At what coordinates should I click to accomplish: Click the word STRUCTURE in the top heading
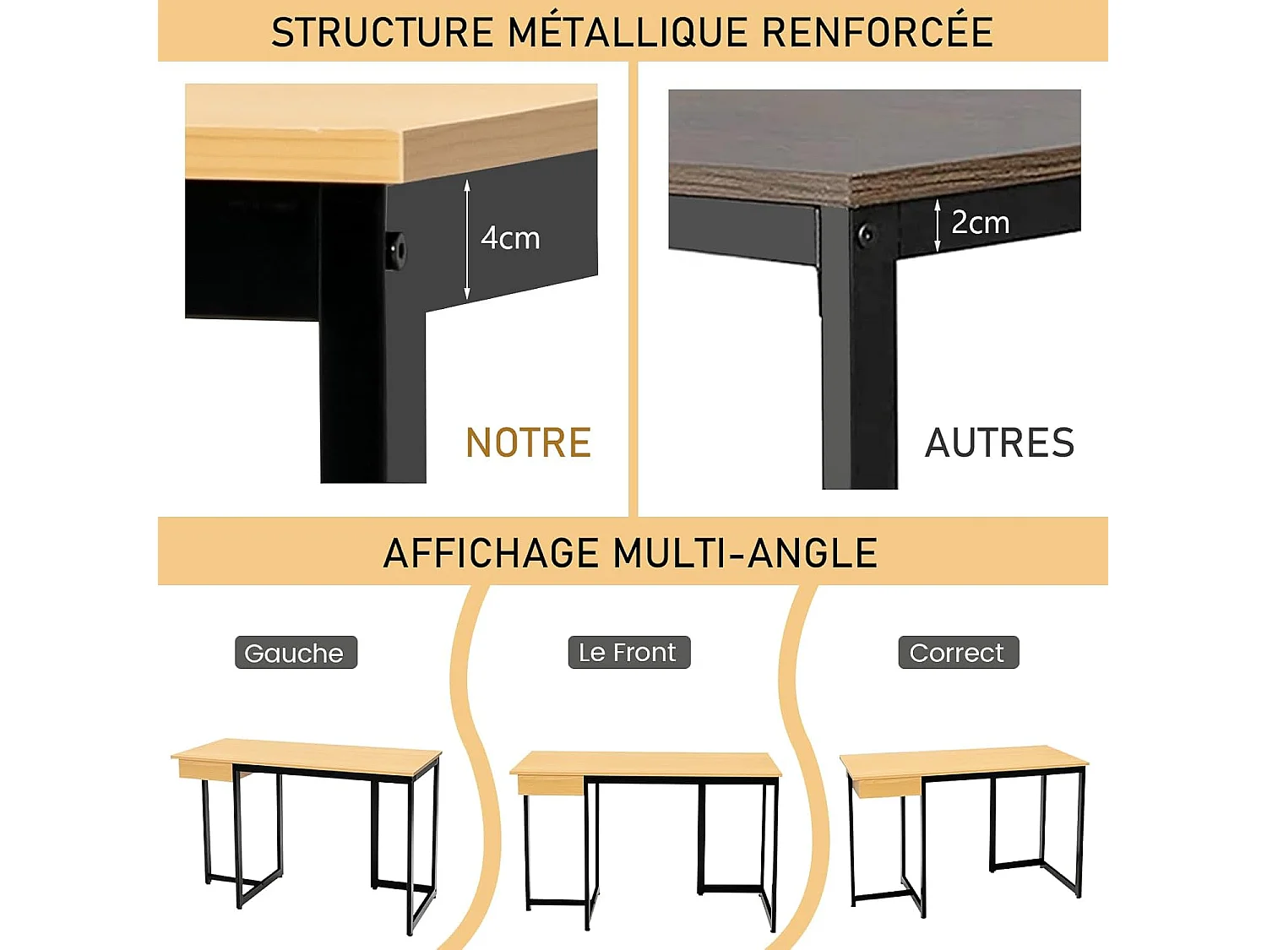[382, 33]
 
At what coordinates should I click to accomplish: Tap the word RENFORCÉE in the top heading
[878, 33]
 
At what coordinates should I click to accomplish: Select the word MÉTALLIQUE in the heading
[627, 33]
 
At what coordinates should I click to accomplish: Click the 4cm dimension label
[510, 238]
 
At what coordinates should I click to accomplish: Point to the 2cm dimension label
[980, 223]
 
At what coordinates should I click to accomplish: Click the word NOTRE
[529, 443]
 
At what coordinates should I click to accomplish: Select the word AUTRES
[1000, 443]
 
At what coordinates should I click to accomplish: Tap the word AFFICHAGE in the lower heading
[491, 554]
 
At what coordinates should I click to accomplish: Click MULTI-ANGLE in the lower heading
[746, 554]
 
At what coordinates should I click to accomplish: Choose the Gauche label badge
[296, 653]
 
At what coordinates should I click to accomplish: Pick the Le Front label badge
[628, 653]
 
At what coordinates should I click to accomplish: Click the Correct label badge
[958, 653]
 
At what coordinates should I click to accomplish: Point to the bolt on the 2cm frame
[865, 234]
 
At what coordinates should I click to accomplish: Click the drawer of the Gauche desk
[205, 769]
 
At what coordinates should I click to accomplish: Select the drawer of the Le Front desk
[550, 786]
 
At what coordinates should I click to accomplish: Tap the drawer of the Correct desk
[886, 787]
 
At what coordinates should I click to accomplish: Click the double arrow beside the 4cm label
[467, 240]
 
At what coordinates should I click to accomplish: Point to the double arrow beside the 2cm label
[938, 225]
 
